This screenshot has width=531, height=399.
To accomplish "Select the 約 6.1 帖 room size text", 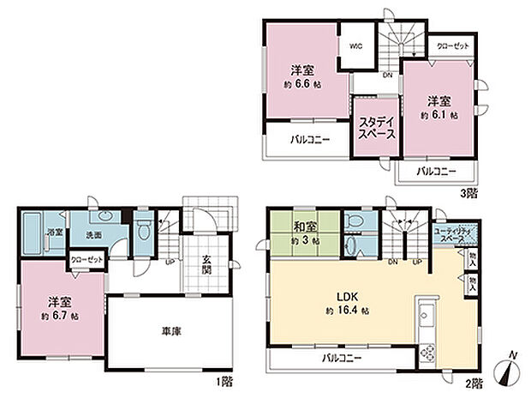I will point(438,114).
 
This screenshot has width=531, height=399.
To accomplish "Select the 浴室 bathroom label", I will point(52,233).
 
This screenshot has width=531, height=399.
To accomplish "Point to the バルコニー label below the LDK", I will point(341,358).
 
